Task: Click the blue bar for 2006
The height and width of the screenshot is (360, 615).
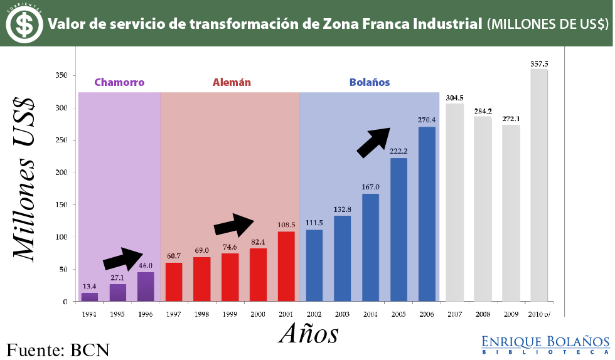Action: click(427, 214)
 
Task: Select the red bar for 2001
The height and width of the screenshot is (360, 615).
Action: click(286, 267)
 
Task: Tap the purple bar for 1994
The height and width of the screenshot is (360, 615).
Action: click(90, 297)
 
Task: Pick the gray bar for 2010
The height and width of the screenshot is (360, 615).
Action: click(539, 185)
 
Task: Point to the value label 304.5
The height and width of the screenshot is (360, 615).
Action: click(454, 98)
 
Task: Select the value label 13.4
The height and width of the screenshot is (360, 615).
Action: click(90, 287)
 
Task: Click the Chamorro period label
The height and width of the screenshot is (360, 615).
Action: click(119, 82)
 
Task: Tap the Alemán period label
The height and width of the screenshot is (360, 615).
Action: click(232, 82)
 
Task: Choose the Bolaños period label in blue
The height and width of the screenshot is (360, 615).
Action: click(370, 82)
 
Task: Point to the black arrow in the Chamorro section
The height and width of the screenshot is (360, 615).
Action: click(124, 258)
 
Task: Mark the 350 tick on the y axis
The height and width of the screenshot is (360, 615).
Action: click(60, 75)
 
